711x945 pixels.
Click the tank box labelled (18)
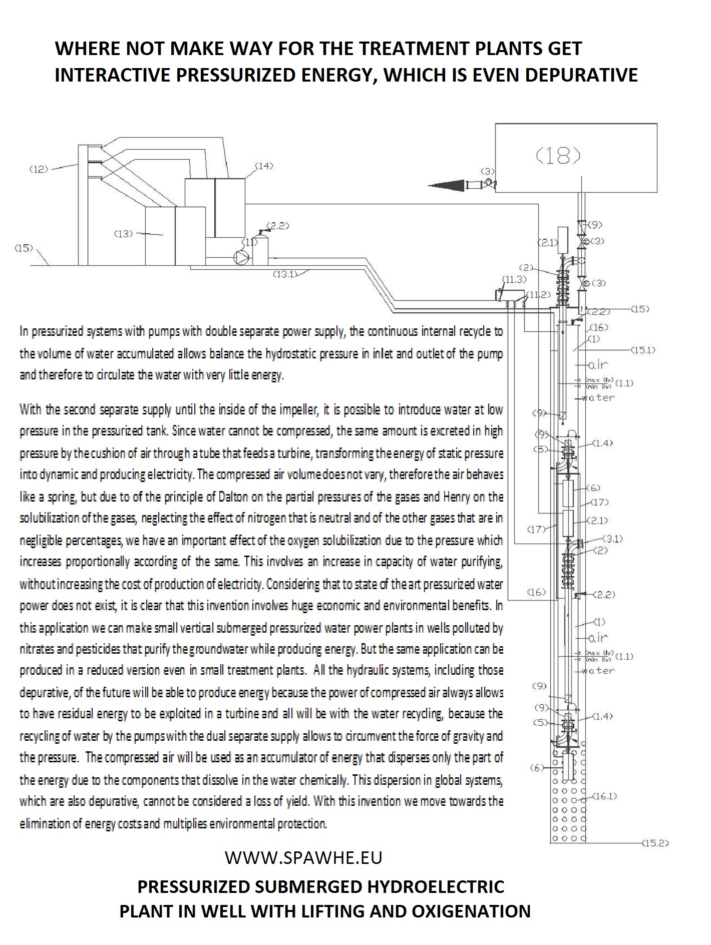[576, 158]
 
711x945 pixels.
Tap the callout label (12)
[39, 169]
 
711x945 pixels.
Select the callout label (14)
[264, 166]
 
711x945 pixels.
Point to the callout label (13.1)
[285, 274]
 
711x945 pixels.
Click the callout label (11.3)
[515, 280]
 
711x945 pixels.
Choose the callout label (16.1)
[604, 796]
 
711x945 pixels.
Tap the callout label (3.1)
[612, 539]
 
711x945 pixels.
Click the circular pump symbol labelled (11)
[241, 257]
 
